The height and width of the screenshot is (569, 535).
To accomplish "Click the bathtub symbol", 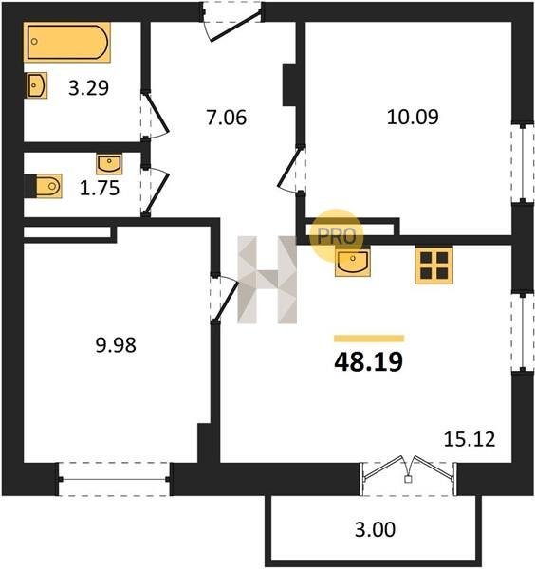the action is (66, 42).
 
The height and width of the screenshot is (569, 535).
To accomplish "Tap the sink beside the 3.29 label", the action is (36, 85).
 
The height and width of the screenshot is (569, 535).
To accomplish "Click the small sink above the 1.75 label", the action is (109, 164).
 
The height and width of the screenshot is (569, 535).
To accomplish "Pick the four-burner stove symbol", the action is (434, 266).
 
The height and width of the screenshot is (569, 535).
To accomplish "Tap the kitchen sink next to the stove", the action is (353, 263).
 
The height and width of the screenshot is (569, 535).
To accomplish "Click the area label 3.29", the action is (88, 88).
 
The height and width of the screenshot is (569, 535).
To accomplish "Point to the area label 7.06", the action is (227, 118).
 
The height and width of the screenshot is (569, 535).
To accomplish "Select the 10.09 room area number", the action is (413, 117).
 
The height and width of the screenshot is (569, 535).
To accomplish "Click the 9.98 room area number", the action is (116, 345).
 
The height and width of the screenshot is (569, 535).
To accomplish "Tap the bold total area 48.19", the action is (368, 362).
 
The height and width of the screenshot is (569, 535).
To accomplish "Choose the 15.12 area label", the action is (470, 439).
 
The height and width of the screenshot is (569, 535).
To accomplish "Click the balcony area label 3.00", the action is (375, 529).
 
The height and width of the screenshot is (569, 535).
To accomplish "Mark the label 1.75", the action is (100, 189).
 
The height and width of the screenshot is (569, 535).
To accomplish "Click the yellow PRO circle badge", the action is (337, 235).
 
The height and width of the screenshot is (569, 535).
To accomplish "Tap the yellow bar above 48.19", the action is (369, 339).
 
